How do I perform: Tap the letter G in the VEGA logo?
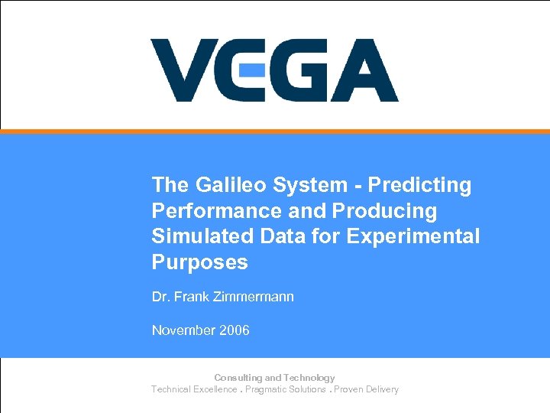[299, 70]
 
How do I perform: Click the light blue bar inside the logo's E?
[252, 70]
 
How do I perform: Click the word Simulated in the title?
[196, 236]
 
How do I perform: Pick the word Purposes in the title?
[199, 262]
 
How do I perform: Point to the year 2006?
[235, 330]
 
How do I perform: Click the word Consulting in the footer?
[238, 378]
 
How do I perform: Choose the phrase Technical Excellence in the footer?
[194, 389]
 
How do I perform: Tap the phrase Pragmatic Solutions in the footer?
[286, 389]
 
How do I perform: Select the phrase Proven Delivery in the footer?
[366, 389]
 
